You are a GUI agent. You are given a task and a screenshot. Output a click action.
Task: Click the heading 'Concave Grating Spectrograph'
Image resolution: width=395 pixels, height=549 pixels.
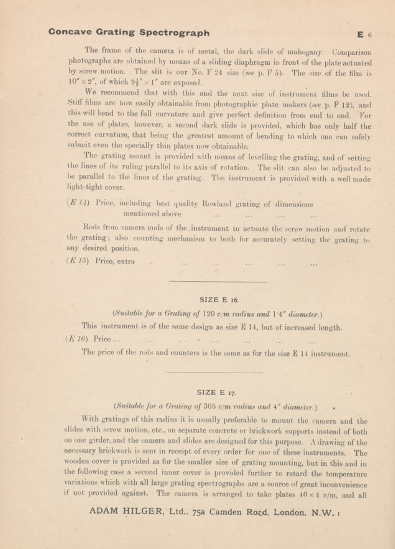129,32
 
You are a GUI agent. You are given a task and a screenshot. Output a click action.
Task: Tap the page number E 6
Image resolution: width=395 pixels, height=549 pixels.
364,35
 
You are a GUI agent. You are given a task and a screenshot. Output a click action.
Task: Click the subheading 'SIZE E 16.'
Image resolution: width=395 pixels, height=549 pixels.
219,300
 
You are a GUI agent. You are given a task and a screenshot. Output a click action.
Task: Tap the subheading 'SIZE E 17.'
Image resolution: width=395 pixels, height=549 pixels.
216,393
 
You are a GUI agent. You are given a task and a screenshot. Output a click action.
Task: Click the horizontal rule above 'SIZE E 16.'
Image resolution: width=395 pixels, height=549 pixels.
218,282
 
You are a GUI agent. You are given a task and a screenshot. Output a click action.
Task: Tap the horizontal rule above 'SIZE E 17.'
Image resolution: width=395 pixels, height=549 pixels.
215,372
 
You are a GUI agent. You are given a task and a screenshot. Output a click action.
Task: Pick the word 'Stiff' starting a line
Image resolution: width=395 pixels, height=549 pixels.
75,103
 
